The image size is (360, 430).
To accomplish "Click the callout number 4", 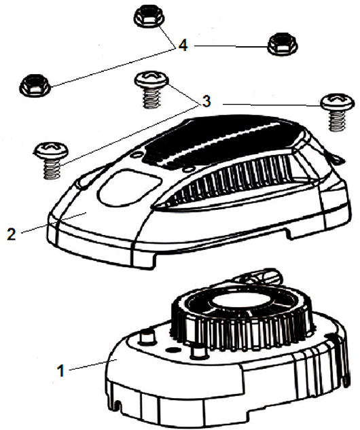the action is click(183, 46).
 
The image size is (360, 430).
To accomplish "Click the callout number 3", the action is click(206, 101).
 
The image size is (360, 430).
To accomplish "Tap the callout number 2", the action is click(12, 234).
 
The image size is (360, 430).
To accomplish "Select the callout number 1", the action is click(61, 371).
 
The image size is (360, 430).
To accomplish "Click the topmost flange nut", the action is click(149, 17).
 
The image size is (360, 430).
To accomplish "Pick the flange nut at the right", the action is click(282, 43).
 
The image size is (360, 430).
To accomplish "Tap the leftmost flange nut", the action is click(35, 85).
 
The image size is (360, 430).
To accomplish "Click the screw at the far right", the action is click(337, 113).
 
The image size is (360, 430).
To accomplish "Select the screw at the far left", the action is click(52, 160).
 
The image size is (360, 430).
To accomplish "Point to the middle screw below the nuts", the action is click(151, 90).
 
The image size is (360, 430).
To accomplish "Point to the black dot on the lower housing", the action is click(172, 351).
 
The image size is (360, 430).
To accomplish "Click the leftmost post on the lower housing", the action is click(147, 338).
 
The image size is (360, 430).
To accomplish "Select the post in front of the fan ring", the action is click(199, 353).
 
